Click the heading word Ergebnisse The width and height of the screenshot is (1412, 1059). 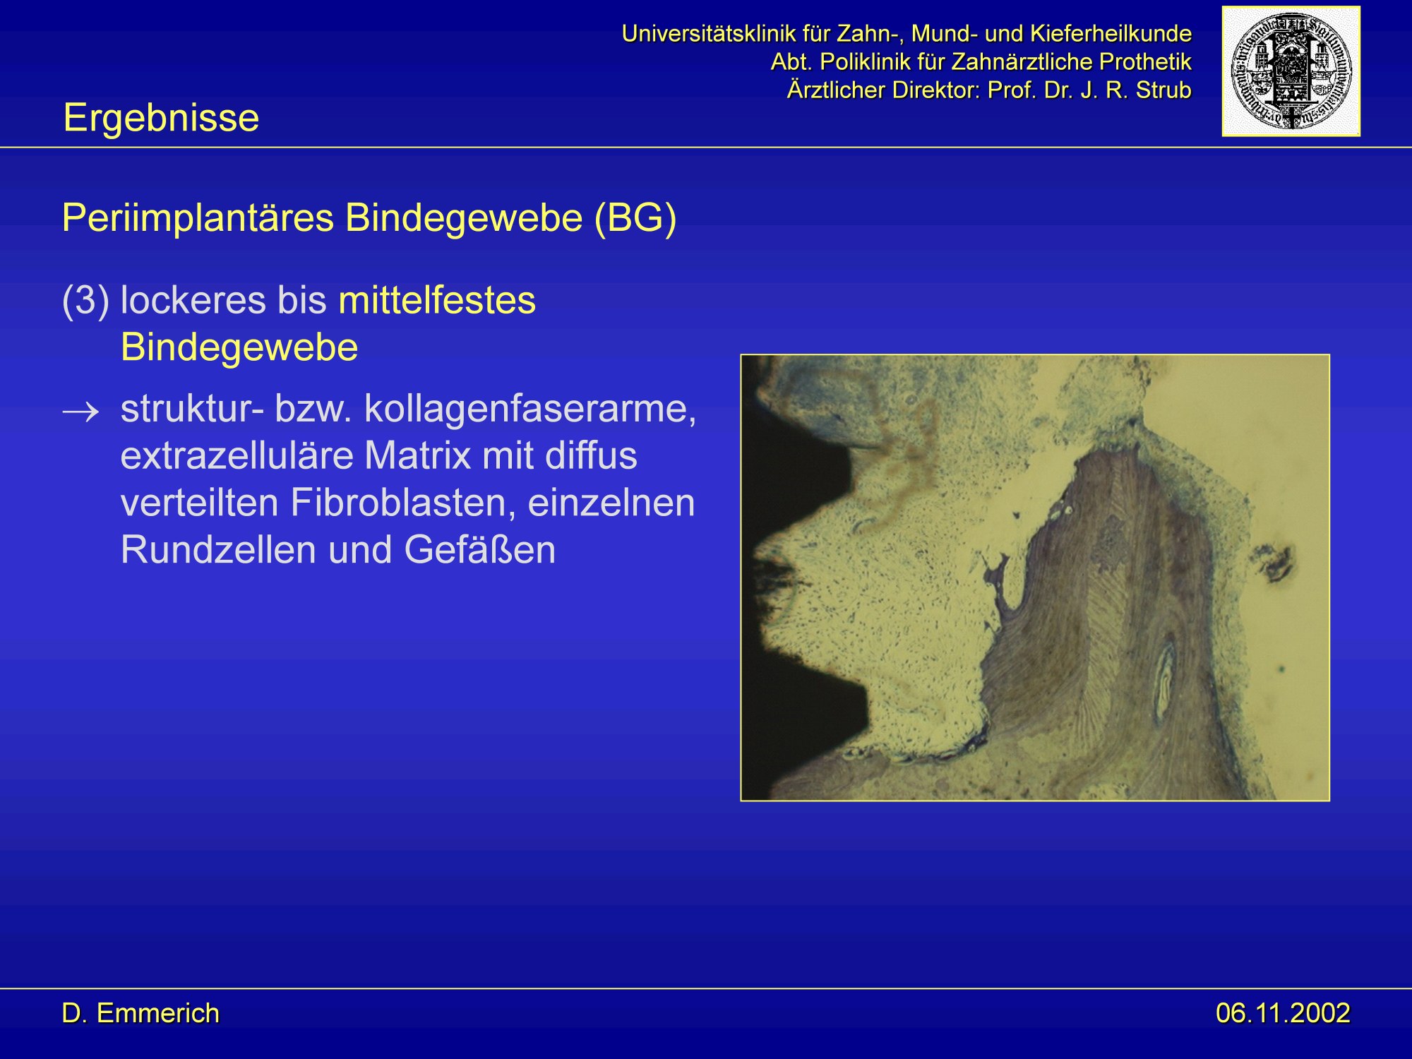pos(161,118)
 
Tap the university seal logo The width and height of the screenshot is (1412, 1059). pos(1291,71)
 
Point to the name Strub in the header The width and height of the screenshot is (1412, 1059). pos(1164,90)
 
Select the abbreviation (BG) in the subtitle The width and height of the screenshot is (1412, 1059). pos(635,218)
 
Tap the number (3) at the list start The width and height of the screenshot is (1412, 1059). pos(85,301)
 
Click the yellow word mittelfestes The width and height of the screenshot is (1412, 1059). pos(437,301)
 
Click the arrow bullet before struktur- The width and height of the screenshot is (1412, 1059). pos(81,412)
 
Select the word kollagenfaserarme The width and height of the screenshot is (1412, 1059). pos(530,409)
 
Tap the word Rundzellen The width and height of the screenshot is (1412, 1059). pos(218,550)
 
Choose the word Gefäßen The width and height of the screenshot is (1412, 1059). pos(480,550)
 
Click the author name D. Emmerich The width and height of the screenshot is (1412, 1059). pos(140,1013)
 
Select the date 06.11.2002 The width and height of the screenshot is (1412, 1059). pos(1283,1013)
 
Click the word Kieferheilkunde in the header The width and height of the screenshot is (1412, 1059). pos(1111,33)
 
